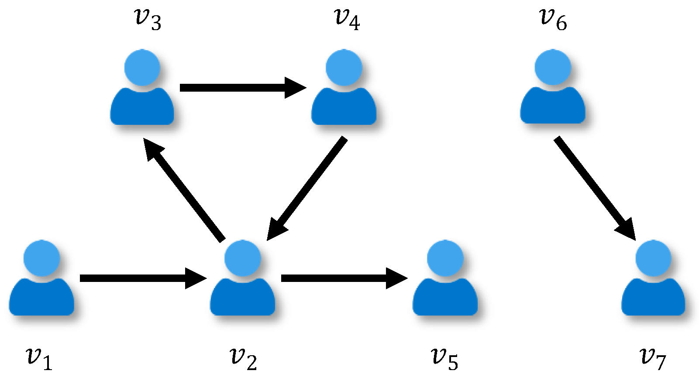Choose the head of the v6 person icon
pos(553,68)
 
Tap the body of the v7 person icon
pos(653,299)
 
